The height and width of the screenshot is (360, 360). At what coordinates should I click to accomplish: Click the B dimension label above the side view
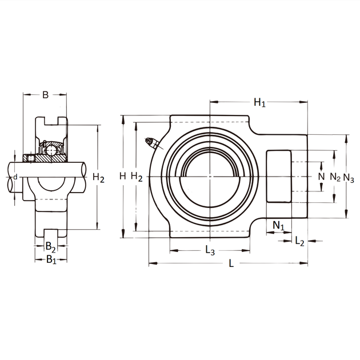[x=45, y=95]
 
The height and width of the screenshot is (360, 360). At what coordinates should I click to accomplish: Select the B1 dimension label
[x=51, y=260]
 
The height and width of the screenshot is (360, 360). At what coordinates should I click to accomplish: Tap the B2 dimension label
[x=50, y=247]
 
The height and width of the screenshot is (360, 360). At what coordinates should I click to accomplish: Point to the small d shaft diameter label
[x=15, y=177]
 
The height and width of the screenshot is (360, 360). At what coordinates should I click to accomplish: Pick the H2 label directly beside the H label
[x=137, y=177]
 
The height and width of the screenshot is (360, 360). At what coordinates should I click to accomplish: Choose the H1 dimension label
[x=259, y=103]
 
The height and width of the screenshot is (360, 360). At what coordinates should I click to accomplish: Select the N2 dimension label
[x=335, y=178]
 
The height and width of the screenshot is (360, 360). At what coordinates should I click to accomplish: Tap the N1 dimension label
[x=278, y=226]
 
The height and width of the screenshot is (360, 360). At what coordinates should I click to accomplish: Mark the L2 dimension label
[x=299, y=242]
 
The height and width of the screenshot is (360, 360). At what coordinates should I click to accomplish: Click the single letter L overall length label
[x=231, y=263]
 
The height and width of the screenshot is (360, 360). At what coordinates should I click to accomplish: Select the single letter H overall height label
[x=122, y=177]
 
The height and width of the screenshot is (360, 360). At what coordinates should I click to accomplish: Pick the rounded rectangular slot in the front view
[x=279, y=177]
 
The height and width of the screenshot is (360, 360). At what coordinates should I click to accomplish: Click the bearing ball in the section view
[x=51, y=151]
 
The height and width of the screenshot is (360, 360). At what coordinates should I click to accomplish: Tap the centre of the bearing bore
[x=210, y=177]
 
